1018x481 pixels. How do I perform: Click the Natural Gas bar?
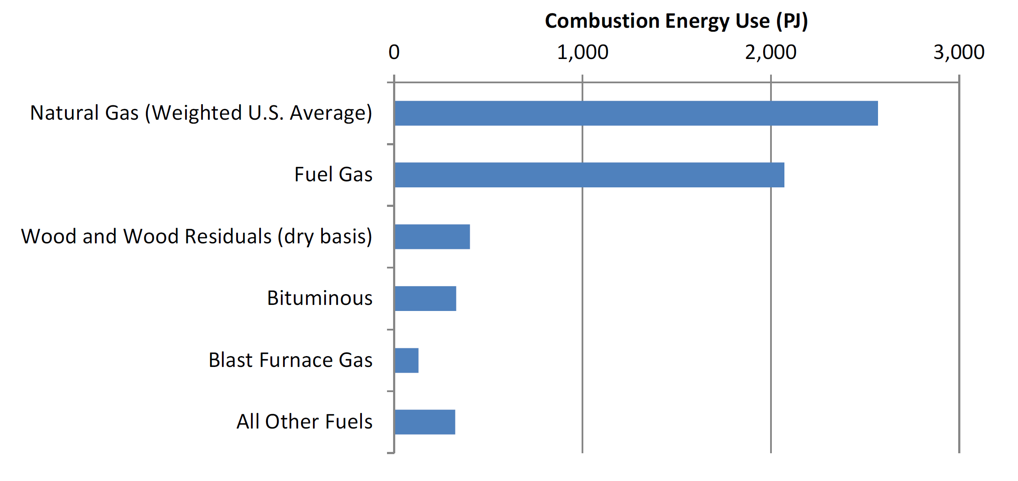pyautogui.click(x=636, y=113)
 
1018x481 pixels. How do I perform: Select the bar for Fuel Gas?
pyautogui.click(x=589, y=175)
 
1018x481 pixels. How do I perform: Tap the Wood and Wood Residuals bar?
pyautogui.click(x=432, y=237)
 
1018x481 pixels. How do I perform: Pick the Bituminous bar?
pyautogui.click(x=425, y=298)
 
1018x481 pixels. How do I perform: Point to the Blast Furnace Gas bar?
pyautogui.click(x=407, y=360)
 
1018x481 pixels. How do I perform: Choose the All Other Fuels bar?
pyautogui.click(x=425, y=422)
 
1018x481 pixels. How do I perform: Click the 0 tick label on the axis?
pyautogui.click(x=394, y=52)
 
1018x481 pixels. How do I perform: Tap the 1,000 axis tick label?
pyautogui.click(x=582, y=52)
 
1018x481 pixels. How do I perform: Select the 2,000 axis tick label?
pyautogui.click(x=771, y=52)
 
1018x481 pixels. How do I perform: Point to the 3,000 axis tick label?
pyautogui.click(x=959, y=52)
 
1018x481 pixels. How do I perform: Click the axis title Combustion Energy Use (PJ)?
pyautogui.click(x=676, y=21)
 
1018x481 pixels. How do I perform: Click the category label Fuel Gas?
pyautogui.click(x=333, y=174)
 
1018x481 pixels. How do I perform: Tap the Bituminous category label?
pyautogui.click(x=319, y=298)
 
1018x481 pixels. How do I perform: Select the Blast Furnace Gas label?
pyautogui.click(x=290, y=360)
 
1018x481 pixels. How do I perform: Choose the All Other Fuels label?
pyautogui.click(x=304, y=422)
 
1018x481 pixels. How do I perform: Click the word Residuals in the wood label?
pyautogui.click(x=228, y=236)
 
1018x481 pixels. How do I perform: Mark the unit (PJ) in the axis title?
pyautogui.click(x=792, y=21)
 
